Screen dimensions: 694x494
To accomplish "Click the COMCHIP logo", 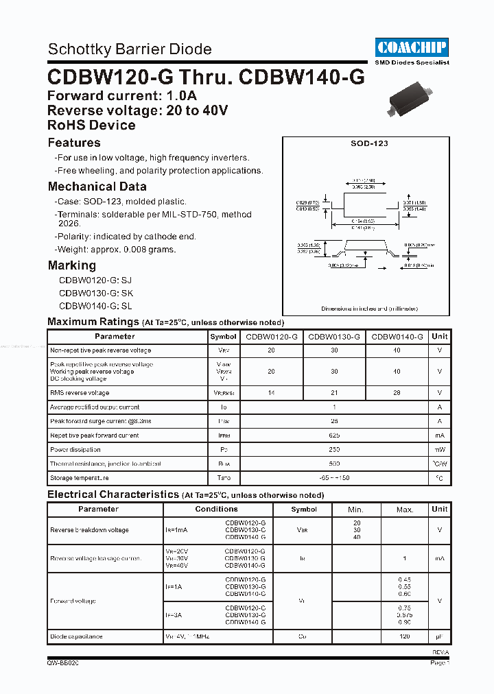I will (412, 47).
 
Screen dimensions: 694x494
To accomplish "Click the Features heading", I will (74, 143).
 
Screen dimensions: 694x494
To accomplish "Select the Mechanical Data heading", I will (97, 187).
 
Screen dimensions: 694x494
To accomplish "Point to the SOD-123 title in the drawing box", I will (365, 144).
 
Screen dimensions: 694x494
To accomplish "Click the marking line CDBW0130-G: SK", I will (95, 293).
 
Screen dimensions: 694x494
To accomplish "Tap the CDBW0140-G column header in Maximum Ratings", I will (397, 337).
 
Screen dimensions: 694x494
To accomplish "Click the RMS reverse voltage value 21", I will (334, 393).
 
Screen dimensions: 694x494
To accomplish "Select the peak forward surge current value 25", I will (334, 421).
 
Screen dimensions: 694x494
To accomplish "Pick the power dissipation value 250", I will (334, 450).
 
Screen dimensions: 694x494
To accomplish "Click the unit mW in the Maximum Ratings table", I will (440, 450).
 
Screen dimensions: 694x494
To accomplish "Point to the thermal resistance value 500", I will (334, 464).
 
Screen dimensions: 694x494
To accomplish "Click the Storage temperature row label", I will (80, 478).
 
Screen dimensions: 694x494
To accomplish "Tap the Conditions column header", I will (217, 509).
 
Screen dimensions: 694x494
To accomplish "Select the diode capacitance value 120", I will (405, 637).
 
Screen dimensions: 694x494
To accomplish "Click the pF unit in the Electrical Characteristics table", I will (440, 637).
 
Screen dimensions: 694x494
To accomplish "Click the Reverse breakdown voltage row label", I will (89, 530).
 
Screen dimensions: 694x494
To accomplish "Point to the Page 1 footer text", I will (439, 663).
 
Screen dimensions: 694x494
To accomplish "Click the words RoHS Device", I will (91, 125).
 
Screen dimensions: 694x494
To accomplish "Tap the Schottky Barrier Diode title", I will (130, 49).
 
